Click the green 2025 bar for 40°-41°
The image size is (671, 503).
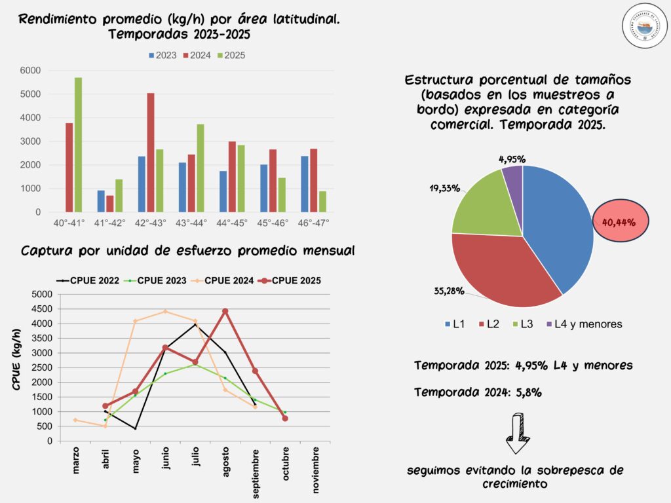[x=79, y=145]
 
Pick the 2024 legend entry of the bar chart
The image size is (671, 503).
[x=199, y=56]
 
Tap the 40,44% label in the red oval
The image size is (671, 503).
[x=619, y=221]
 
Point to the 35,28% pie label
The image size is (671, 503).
[x=448, y=290]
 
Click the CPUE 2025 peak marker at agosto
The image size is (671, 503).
[x=225, y=311]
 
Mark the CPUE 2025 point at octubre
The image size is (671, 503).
[x=285, y=419]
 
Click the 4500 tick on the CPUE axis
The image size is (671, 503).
[x=41, y=309]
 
